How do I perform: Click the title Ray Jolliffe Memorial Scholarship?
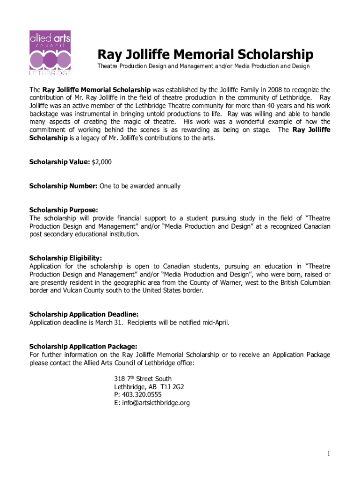pos(205,54)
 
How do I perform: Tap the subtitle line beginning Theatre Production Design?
pos(203,66)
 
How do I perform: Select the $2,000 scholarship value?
pos(101,162)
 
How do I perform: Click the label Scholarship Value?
pos(59,162)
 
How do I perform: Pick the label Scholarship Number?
pos(63,186)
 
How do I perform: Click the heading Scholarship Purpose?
pos(64,210)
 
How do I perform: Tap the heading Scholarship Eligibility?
pos(65,258)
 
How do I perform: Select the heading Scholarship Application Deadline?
pos(84,314)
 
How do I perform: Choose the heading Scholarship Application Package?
pos(83,347)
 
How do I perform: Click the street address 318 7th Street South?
pos(143,378)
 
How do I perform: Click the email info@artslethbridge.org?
pos(152,403)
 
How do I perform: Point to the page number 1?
pos(329,454)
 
